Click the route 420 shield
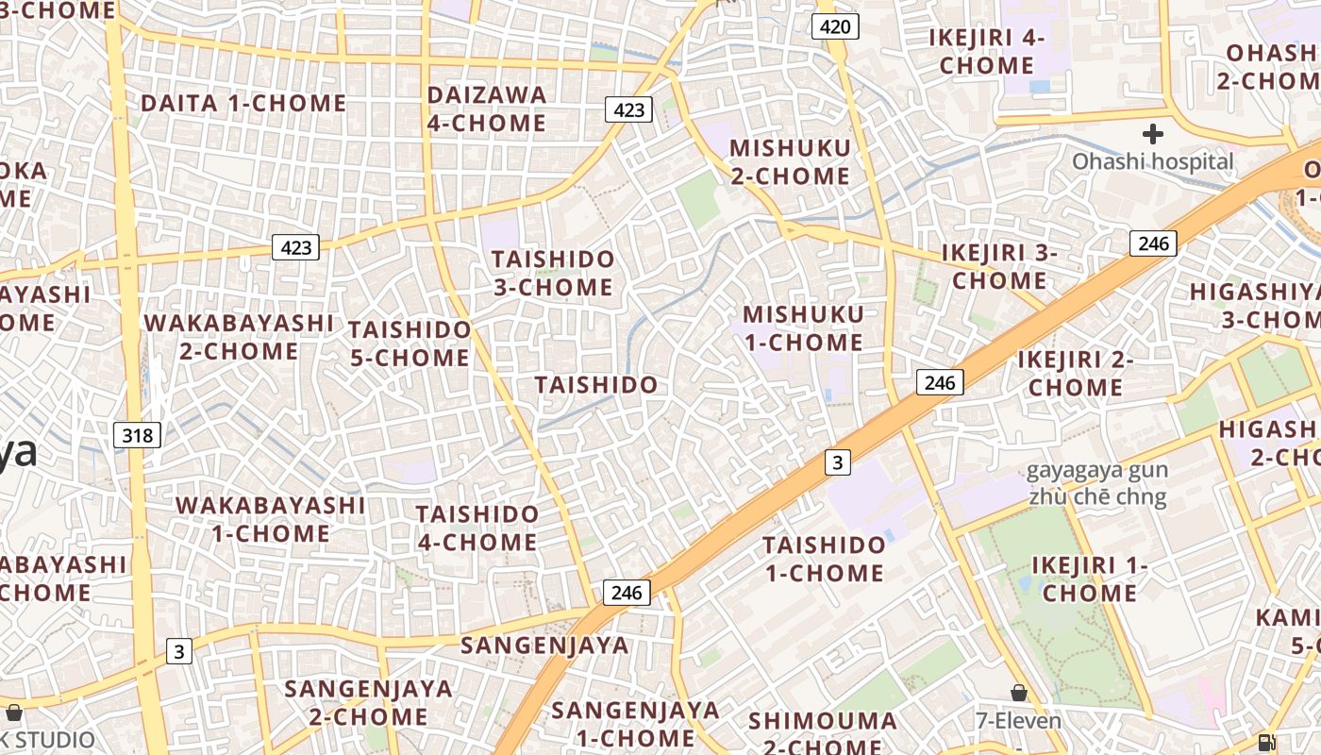click(835, 26)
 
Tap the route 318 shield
click(138, 435)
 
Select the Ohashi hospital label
click(1152, 161)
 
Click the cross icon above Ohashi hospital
click(1152, 133)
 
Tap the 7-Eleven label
click(1018, 721)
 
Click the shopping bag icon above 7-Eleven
click(1018, 694)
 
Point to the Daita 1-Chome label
click(243, 103)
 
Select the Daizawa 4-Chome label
click(486, 109)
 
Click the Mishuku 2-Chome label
click(790, 161)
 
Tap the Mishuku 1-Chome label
click(803, 327)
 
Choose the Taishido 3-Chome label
click(553, 273)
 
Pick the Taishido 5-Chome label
click(410, 344)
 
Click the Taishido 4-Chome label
click(477, 528)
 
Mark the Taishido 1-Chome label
click(825, 559)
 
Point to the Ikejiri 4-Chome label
click(987, 51)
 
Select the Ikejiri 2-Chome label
click(1076, 373)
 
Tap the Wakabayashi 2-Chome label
click(239, 337)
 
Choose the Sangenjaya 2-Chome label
click(369, 702)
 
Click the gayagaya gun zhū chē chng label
click(1097, 483)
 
